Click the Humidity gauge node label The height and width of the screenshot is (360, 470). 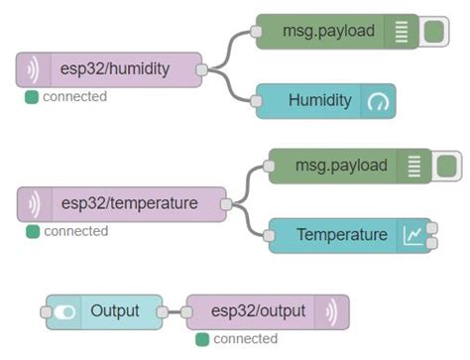point(320,100)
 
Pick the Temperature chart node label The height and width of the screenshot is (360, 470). point(341,235)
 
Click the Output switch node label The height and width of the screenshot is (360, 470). point(115,311)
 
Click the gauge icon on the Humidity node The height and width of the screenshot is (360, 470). point(381,101)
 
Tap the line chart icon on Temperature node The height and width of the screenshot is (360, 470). point(412,235)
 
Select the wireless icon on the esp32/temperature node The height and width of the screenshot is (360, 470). point(34,204)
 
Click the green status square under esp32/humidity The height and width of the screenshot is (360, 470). point(32,96)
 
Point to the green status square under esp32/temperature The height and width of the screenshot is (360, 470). point(33,231)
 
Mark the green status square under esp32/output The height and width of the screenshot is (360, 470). point(202,339)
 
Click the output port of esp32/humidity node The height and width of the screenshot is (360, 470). point(202,69)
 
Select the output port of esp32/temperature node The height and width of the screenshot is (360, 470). point(226,204)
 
